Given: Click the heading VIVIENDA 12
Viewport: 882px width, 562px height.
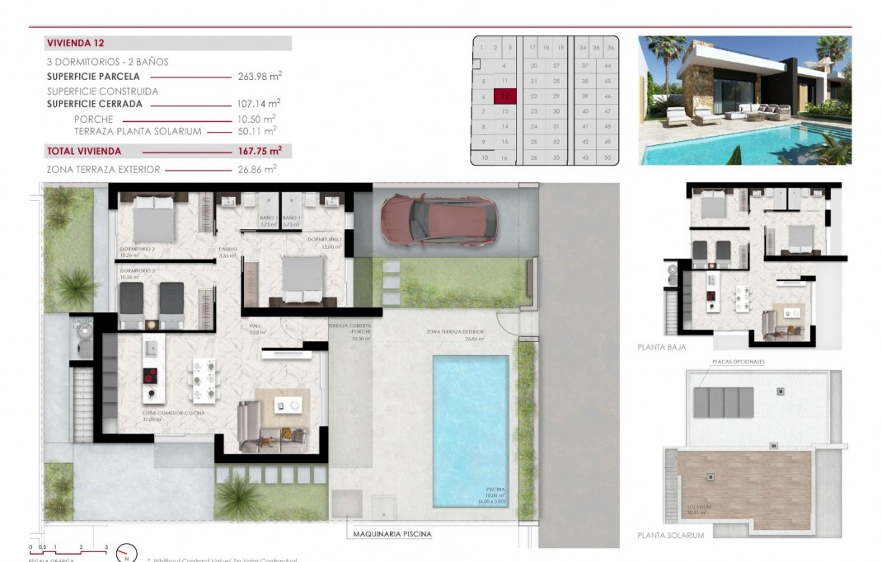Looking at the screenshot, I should [75, 43].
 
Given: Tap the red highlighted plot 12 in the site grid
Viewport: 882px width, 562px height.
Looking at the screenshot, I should [504, 96].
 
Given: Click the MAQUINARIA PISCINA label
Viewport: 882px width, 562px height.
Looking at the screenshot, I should [392, 534].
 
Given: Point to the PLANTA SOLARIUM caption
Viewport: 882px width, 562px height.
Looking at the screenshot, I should [671, 535].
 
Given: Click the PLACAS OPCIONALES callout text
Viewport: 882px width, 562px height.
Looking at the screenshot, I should [738, 362].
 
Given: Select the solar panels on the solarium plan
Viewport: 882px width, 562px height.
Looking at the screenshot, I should [724, 403].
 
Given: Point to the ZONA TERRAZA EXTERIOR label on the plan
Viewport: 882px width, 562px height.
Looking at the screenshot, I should [454, 332].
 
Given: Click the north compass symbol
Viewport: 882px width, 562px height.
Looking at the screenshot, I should [125, 553].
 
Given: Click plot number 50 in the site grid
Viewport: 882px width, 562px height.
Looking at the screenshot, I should [608, 157].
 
